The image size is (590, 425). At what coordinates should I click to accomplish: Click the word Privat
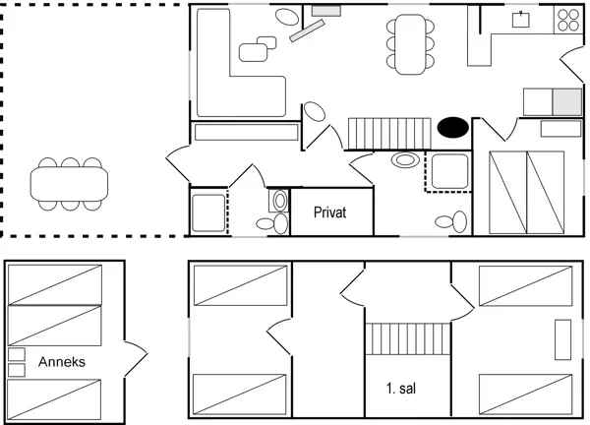[x=329, y=212]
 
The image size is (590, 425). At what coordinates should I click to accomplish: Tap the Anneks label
[x=62, y=362]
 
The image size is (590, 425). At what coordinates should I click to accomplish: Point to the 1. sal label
[x=401, y=389]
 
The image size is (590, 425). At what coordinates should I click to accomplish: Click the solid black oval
[x=453, y=127]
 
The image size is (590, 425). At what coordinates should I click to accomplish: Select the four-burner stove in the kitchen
[x=568, y=20]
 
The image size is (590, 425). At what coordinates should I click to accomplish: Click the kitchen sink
[x=521, y=20]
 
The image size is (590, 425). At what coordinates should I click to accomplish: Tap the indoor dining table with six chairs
[x=410, y=44]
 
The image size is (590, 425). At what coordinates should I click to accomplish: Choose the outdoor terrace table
[x=69, y=184]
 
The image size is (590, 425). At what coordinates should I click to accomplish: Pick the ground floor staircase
[x=389, y=134]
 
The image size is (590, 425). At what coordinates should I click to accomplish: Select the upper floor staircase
[x=408, y=338]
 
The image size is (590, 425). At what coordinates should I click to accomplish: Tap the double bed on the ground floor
[x=526, y=193]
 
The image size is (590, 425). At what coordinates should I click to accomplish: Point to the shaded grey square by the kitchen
[x=567, y=102]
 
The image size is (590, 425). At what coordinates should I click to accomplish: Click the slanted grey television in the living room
[x=307, y=30]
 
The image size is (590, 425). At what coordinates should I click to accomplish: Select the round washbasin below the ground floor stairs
[x=405, y=160]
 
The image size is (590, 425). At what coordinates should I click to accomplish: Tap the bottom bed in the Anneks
[x=54, y=399]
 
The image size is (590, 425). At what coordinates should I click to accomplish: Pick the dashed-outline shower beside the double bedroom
[x=448, y=171]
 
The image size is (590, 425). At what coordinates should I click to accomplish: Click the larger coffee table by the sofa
[x=254, y=52]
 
